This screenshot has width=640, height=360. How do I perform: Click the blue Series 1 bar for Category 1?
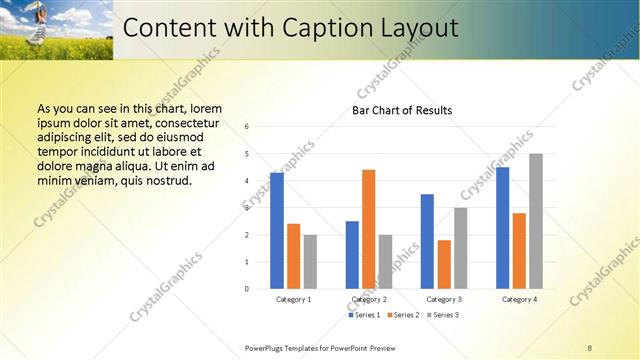click(277, 231)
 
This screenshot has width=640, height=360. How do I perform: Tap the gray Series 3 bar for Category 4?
click(536, 221)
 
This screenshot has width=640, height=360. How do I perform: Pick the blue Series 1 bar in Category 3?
click(427, 241)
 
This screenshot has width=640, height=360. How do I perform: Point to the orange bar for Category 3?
click(444, 264)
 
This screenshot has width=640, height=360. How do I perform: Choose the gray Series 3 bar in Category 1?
click(310, 262)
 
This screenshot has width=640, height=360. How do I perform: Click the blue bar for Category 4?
click(502, 228)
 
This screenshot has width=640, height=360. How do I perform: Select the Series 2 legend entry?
click(403, 315)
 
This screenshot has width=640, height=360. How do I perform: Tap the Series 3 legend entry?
click(443, 315)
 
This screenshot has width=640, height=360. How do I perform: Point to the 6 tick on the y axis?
click(247, 127)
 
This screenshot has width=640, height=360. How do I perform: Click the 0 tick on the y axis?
click(247, 289)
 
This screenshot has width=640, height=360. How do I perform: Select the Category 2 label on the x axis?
click(369, 300)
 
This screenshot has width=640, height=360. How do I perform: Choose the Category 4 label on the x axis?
click(519, 300)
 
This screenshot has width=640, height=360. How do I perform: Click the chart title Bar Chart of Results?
click(402, 110)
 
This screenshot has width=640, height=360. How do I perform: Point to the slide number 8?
click(590, 347)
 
